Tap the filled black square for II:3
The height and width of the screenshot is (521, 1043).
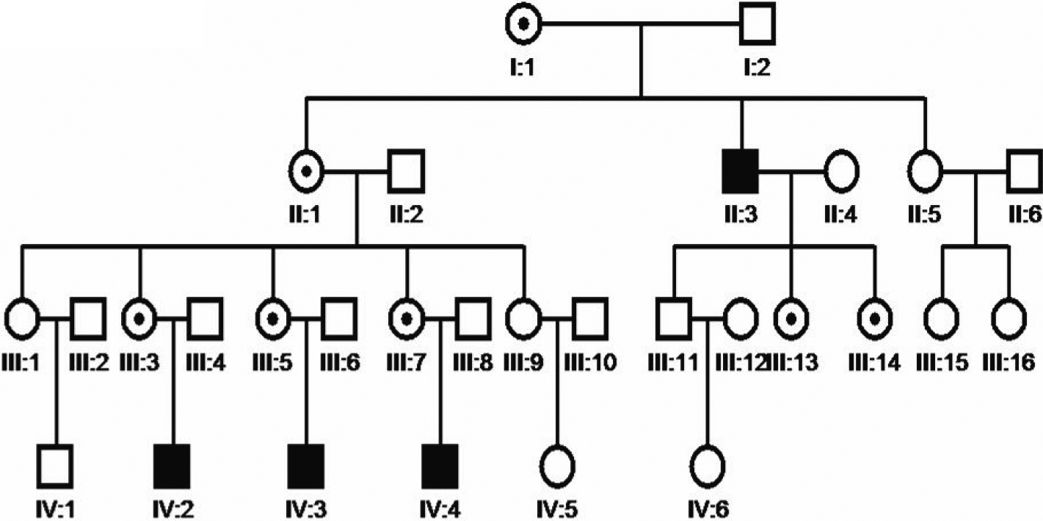point(740,170)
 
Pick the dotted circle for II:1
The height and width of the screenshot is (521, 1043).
point(308,170)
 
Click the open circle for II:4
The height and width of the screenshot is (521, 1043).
point(841,170)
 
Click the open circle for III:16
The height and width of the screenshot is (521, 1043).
point(1009,318)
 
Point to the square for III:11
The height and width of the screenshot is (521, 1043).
point(674,318)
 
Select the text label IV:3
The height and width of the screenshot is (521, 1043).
point(306,506)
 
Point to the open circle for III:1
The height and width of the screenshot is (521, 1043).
point(22,318)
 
